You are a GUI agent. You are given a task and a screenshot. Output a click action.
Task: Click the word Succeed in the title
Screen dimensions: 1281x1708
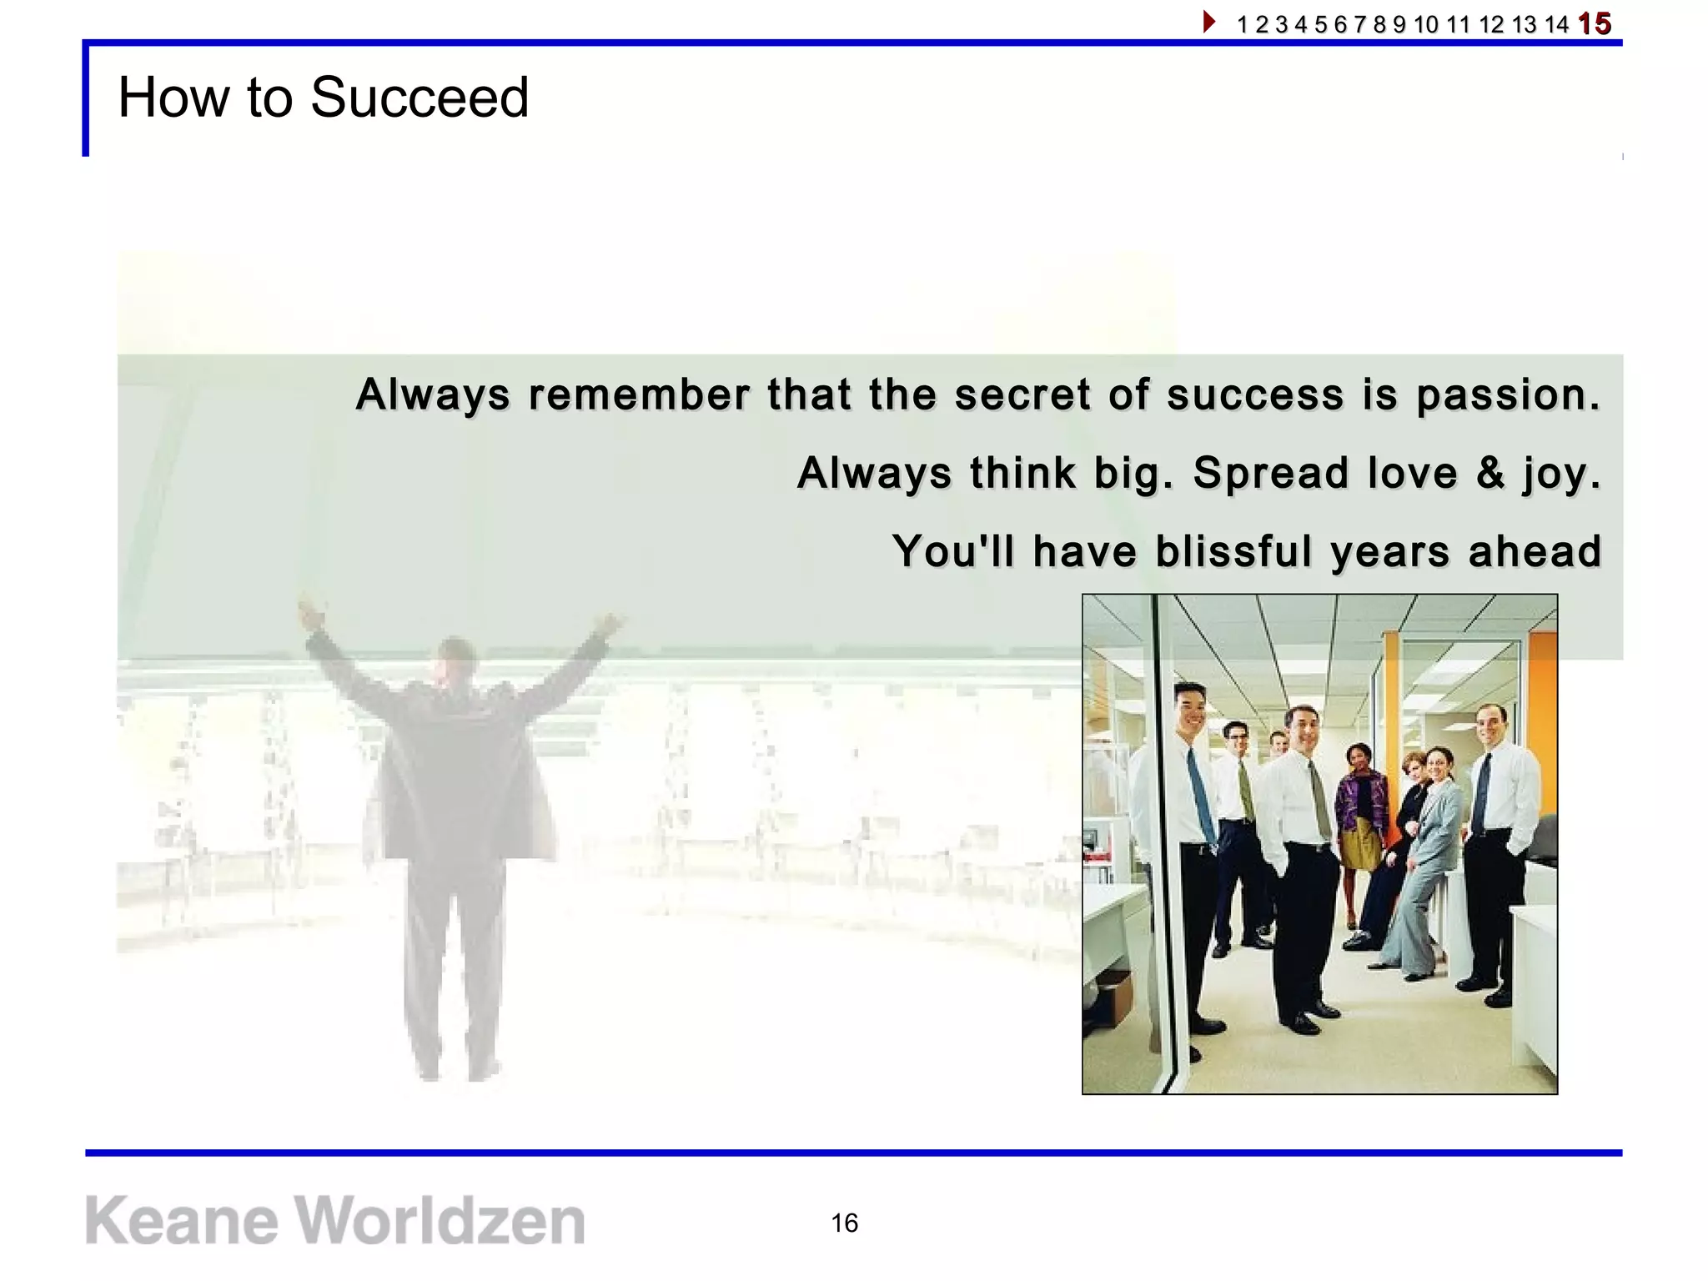[419, 98]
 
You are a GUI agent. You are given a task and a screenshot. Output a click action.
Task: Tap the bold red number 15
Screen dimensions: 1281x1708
[1594, 23]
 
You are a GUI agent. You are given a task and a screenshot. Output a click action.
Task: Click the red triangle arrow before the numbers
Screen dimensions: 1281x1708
[1208, 22]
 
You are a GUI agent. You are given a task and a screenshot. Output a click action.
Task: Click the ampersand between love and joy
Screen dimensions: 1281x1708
[1489, 472]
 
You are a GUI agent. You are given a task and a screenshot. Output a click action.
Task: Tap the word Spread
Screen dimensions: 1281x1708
[1270, 472]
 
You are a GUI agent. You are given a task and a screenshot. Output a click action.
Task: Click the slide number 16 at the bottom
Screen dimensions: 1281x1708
[844, 1223]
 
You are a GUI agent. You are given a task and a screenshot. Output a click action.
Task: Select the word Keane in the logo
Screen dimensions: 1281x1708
[182, 1220]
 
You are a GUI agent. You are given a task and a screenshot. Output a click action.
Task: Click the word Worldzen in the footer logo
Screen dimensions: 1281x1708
[440, 1220]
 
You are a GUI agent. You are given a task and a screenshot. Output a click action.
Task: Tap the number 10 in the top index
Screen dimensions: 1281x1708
[1426, 24]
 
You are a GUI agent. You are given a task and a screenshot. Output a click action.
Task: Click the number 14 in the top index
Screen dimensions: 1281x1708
[1556, 24]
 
